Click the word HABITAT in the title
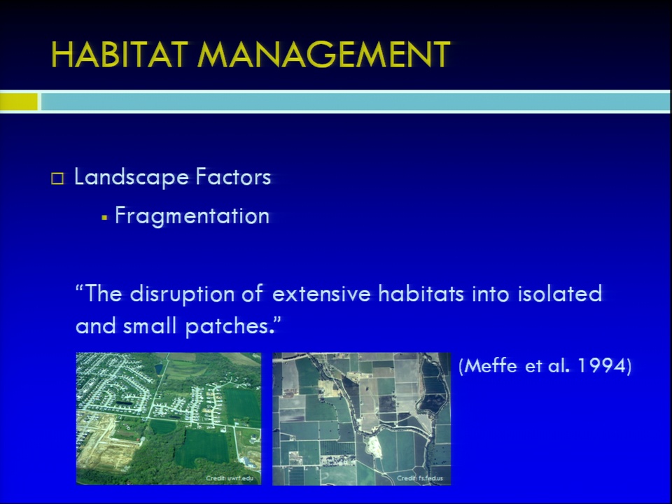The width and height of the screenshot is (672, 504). click(x=119, y=55)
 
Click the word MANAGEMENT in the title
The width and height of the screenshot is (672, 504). click(x=324, y=55)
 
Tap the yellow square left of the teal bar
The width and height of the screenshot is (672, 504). click(x=18, y=101)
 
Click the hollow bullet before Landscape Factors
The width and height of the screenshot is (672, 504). click(x=57, y=178)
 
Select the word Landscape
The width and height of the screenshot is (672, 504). click(x=131, y=177)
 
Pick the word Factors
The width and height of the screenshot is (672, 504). click(x=233, y=176)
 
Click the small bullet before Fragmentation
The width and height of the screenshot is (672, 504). click(x=104, y=218)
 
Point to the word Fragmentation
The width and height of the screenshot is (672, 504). click(x=192, y=216)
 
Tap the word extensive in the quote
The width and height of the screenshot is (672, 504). click(x=321, y=294)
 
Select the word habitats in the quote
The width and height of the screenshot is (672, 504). click(x=421, y=293)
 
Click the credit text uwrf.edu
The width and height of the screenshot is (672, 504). click(x=240, y=478)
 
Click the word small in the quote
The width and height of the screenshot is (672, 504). click(x=150, y=326)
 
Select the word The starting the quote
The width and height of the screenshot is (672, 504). click(x=104, y=293)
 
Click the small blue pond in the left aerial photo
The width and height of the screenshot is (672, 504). click(x=158, y=369)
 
